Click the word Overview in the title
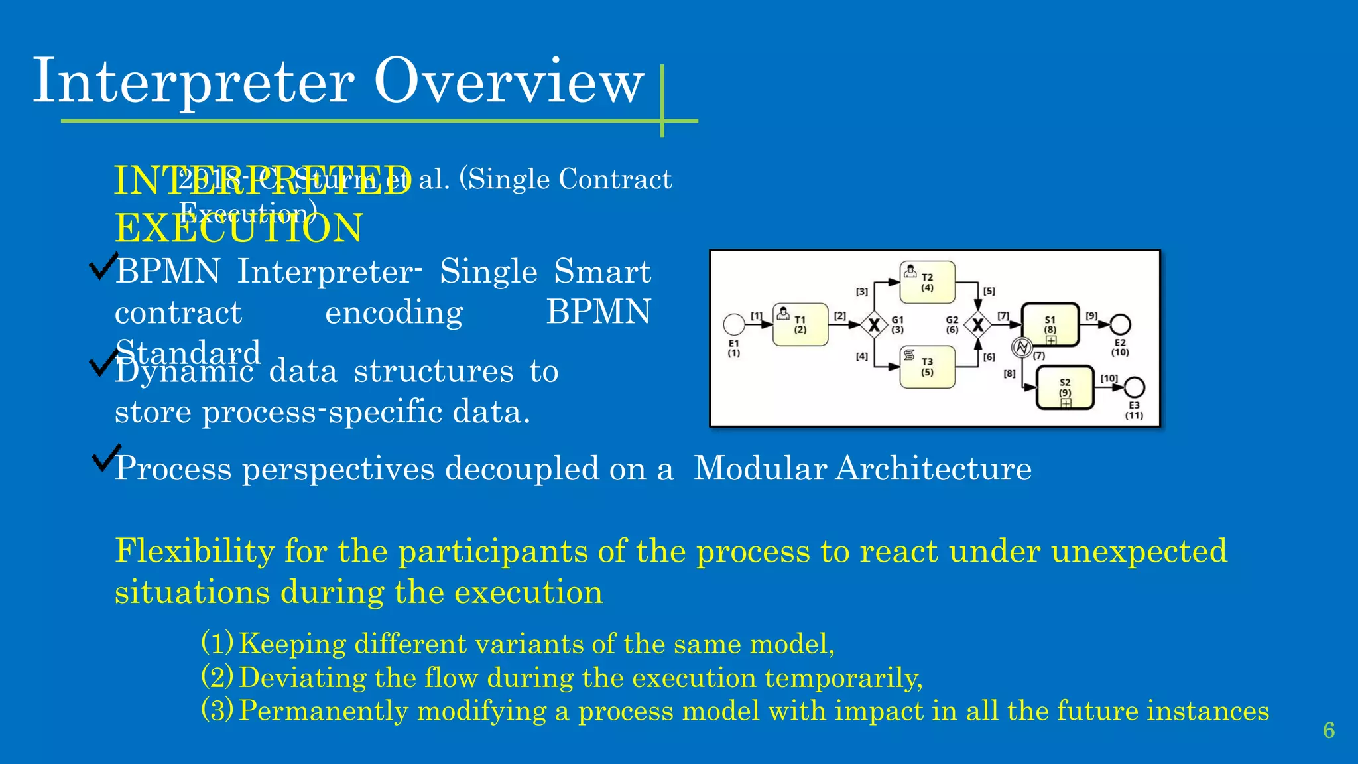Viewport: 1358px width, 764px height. point(509,82)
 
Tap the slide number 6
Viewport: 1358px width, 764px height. point(1329,730)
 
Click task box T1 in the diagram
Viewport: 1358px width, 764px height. point(800,324)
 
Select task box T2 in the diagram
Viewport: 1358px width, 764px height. point(927,282)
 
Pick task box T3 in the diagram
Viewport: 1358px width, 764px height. point(927,367)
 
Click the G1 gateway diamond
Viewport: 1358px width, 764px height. point(874,325)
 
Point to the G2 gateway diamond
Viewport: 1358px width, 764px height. point(977,325)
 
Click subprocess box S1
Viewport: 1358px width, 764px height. point(1050,324)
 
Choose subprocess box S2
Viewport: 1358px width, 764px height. point(1065,388)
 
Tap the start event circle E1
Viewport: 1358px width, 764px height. point(734,324)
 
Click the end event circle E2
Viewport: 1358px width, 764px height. point(1120,324)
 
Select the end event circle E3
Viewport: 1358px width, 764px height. point(1135,387)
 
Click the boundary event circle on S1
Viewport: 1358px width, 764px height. point(1022,347)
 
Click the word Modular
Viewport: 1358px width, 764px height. point(760,468)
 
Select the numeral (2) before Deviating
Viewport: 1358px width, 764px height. point(217,677)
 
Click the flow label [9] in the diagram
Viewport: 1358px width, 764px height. point(1091,316)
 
